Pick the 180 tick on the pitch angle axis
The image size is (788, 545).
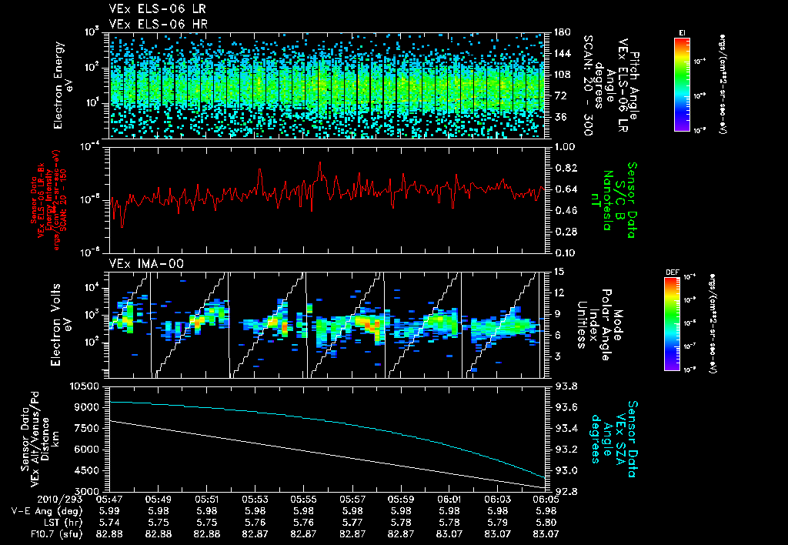(561, 32)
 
